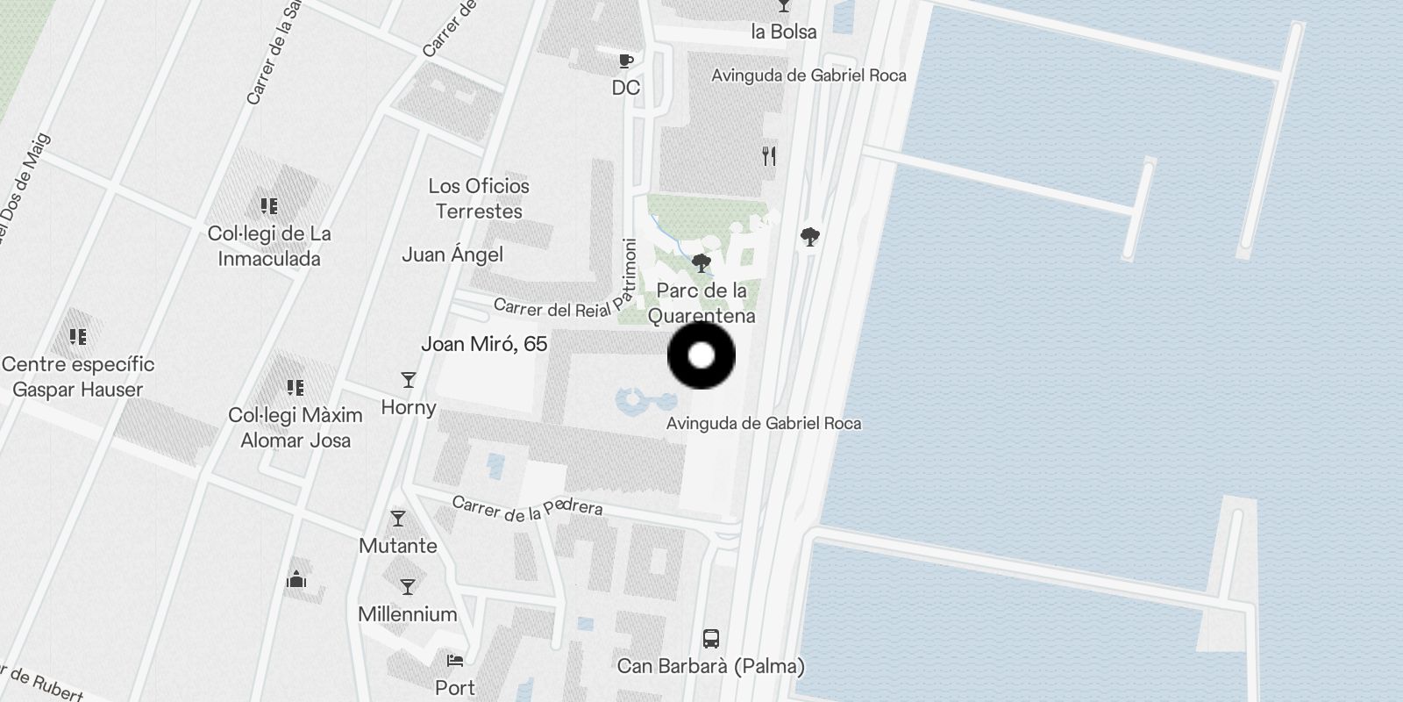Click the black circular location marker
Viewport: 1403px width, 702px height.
click(x=701, y=355)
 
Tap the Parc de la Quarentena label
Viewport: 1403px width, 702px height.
click(x=701, y=303)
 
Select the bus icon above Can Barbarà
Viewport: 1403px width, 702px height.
click(x=711, y=639)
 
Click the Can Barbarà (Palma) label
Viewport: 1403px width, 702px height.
click(x=710, y=666)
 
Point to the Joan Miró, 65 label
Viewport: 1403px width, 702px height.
click(x=484, y=344)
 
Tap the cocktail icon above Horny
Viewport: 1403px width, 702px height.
click(x=408, y=380)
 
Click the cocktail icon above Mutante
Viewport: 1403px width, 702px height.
click(x=398, y=519)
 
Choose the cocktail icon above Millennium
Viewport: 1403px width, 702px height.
click(x=408, y=586)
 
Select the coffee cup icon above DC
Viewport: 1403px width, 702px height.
click(x=625, y=61)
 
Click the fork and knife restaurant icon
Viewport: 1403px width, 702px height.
click(x=769, y=157)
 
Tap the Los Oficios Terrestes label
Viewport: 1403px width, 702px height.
click(x=479, y=198)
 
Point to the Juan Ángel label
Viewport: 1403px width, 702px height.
click(x=452, y=254)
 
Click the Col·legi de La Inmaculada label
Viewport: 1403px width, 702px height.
click(x=269, y=246)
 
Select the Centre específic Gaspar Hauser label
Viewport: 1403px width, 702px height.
click(x=78, y=376)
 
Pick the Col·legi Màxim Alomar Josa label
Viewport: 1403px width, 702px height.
click(x=296, y=427)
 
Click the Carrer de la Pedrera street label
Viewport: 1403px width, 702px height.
click(x=527, y=508)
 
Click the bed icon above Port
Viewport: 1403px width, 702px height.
click(x=454, y=661)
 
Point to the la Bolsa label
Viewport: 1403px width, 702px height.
click(x=784, y=32)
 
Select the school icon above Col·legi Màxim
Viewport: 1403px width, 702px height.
click(x=296, y=387)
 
